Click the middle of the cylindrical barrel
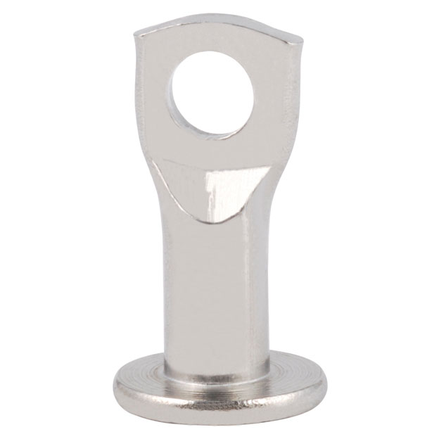[x=215, y=295]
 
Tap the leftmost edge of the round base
[x=113, y=386]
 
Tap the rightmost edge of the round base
[x=327, y=386]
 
